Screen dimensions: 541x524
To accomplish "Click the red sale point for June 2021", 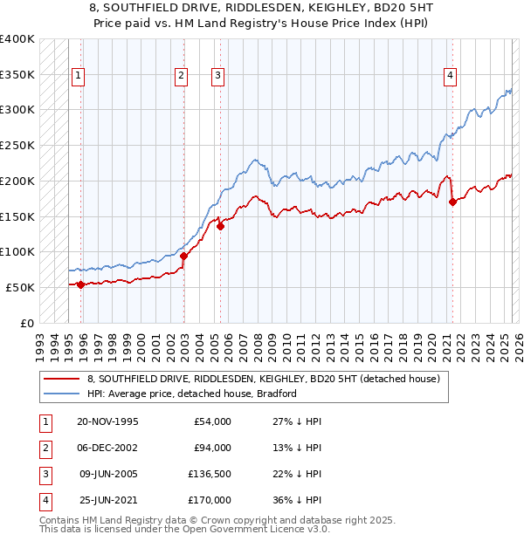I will click(452, 202).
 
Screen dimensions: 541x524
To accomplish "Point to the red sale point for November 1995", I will click(80, 284).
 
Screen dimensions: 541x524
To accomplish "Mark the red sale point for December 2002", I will click(184, 256).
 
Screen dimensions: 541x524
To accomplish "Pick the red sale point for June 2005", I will click(221, 226).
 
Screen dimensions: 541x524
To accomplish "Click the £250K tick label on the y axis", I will click(17, 146).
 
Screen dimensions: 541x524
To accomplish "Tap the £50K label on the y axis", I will click(20, 287).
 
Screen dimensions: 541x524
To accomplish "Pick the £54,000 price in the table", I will click(211, 421).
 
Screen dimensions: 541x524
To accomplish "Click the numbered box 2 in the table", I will click(44, 448).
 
